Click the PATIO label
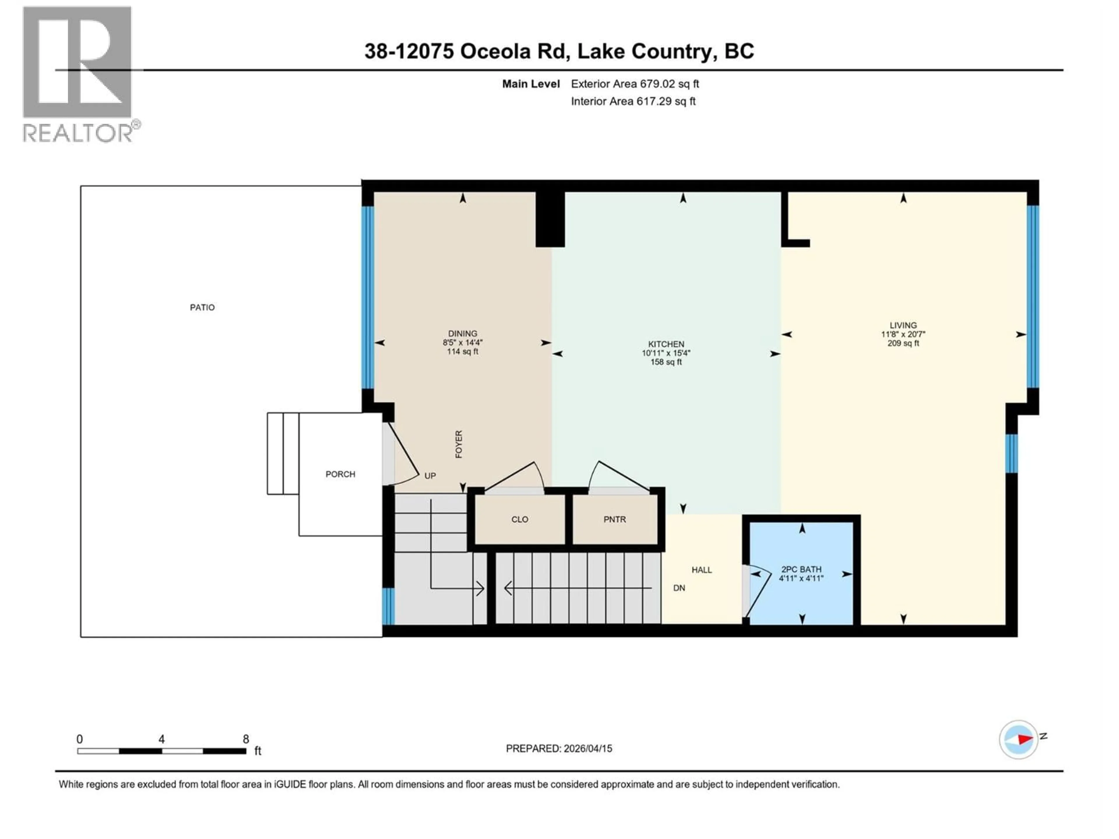(x=202, y=307)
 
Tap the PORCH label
(x=340, y=474)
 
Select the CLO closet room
(x=520, y=519)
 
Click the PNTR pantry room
(x=615, y=519)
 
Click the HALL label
(x=702, y=570)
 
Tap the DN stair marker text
(x=679, y=588)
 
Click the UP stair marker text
(x=430, y=476)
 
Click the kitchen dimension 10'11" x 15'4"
(x=666, y=353)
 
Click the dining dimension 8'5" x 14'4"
(x=462, y=342)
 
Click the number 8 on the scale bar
(x=246, y=739)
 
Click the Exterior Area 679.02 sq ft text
(x=635, y=84)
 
